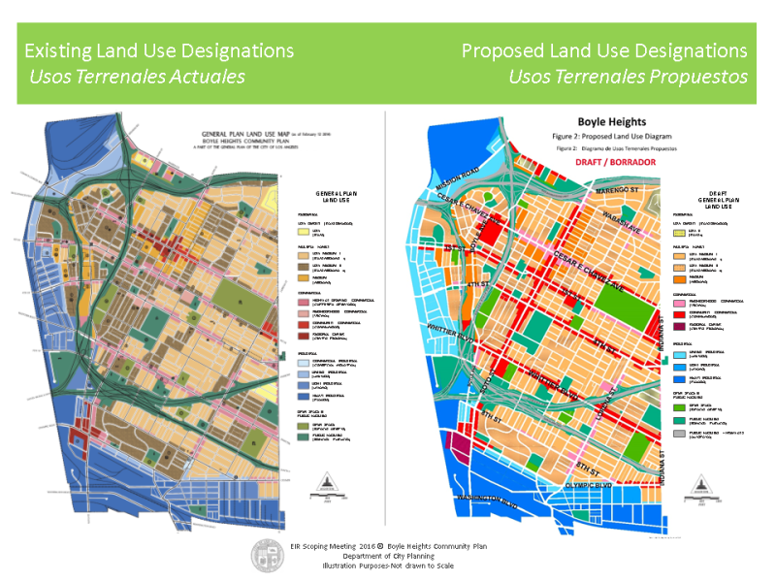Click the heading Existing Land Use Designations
click(159, 50)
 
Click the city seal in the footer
click(270, 554)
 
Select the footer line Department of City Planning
click(388, 556)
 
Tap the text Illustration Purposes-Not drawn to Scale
click(388, 566)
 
